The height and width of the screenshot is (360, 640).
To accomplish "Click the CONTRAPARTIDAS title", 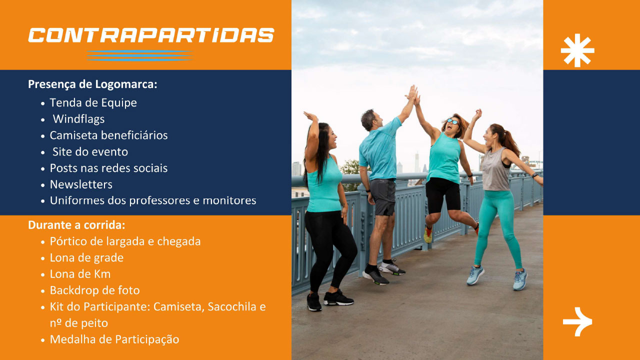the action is (x=151, y=35).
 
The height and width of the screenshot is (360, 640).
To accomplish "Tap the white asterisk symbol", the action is (x=577, y=50).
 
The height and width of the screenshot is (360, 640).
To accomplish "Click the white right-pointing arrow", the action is (x=577, y=321).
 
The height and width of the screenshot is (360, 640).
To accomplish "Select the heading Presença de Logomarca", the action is (x=92, y=84).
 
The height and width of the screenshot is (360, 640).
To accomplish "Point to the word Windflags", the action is (x=78, y=119).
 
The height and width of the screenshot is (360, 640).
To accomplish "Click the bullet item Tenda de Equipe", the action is (x=93, y=102).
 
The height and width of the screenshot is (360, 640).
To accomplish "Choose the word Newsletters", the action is (x=81, y=184).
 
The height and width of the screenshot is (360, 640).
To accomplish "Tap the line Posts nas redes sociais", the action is (x=108, y=168).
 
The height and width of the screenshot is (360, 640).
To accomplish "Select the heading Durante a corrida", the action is (x=76, y=225).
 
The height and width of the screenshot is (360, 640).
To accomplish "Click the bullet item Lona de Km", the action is (x=80, y=274).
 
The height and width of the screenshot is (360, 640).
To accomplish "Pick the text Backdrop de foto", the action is (x=94, y=290).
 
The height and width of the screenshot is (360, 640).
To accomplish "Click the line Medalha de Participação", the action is (x=114, y=339).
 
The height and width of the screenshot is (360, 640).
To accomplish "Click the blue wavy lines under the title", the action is (x=139, y=55).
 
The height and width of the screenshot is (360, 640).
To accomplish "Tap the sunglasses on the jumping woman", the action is (x=453, y=121).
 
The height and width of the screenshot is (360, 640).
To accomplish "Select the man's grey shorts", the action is (x=382, y=197).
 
